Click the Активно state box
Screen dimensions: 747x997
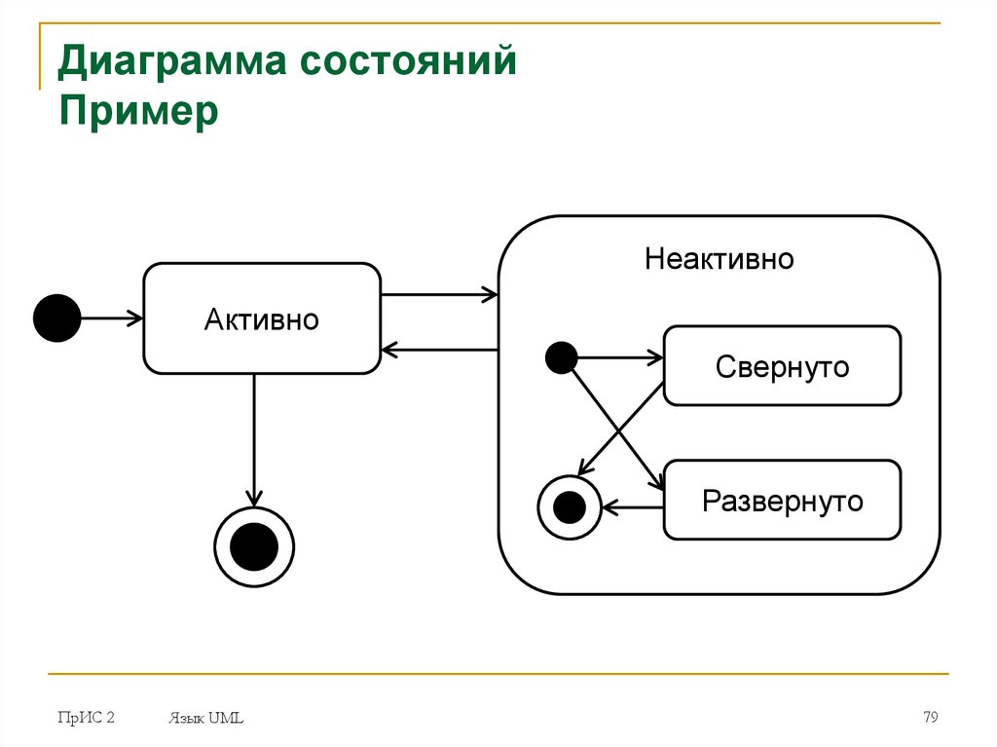[x=262, y=318]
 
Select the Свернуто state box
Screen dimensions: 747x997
[x=782, y=366]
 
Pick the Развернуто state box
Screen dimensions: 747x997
[x=782, y=501]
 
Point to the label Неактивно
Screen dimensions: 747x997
[x=720, y=259]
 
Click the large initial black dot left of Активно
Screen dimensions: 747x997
[x=56, y=317]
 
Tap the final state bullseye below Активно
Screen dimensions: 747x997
[x=254, y=547]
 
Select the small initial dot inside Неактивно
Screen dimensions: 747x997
[x=561, y=357]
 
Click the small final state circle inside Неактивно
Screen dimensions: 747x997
[x=569, y=507]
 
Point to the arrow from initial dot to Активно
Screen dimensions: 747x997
[x=111, y=317]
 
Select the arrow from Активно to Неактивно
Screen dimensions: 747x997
[x=439, y=294]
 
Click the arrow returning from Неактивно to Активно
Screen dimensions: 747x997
[x=439, y=349]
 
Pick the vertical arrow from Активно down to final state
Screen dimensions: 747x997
[x=254, y=438]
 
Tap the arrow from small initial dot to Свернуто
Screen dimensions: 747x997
[x=619, y=357]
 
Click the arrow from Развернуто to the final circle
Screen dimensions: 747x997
[x=633, y=507]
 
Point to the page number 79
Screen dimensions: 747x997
[x=930, y=718]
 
